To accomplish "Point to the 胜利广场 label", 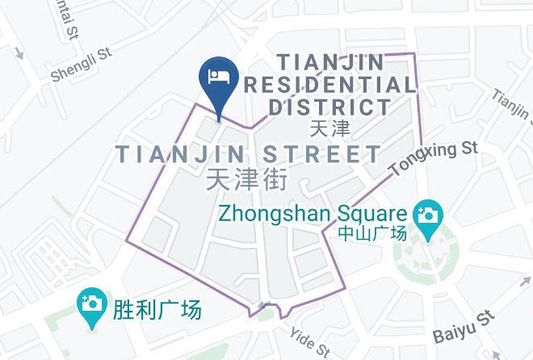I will coord(158,308).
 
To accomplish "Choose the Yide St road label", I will coord(311,342).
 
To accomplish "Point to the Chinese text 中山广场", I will coord(371,234).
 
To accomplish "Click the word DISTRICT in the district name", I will coord(329,107).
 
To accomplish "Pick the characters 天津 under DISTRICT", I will coord(329,128).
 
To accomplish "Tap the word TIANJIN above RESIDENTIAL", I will coord(330,61).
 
